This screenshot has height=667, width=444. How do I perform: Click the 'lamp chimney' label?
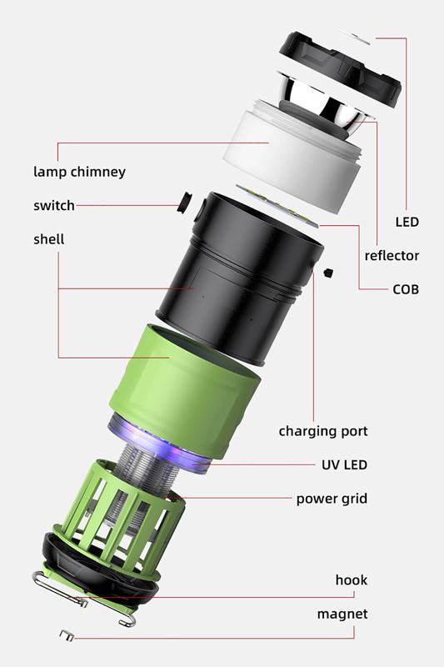coord(79,172)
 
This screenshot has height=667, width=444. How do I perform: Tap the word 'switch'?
coord(54,205)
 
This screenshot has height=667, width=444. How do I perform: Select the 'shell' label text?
coord(49,239)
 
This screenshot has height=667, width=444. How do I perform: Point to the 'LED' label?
coord(407,222)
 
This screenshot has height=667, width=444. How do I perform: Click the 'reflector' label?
coord(392,256)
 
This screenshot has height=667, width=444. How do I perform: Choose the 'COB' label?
coord(406,289)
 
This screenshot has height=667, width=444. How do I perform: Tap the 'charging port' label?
coord(323,431)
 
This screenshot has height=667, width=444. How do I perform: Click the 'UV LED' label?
coord(345,464)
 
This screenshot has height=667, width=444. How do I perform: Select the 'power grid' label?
coord(332,499)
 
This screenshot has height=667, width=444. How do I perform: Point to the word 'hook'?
coord(352,579)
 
